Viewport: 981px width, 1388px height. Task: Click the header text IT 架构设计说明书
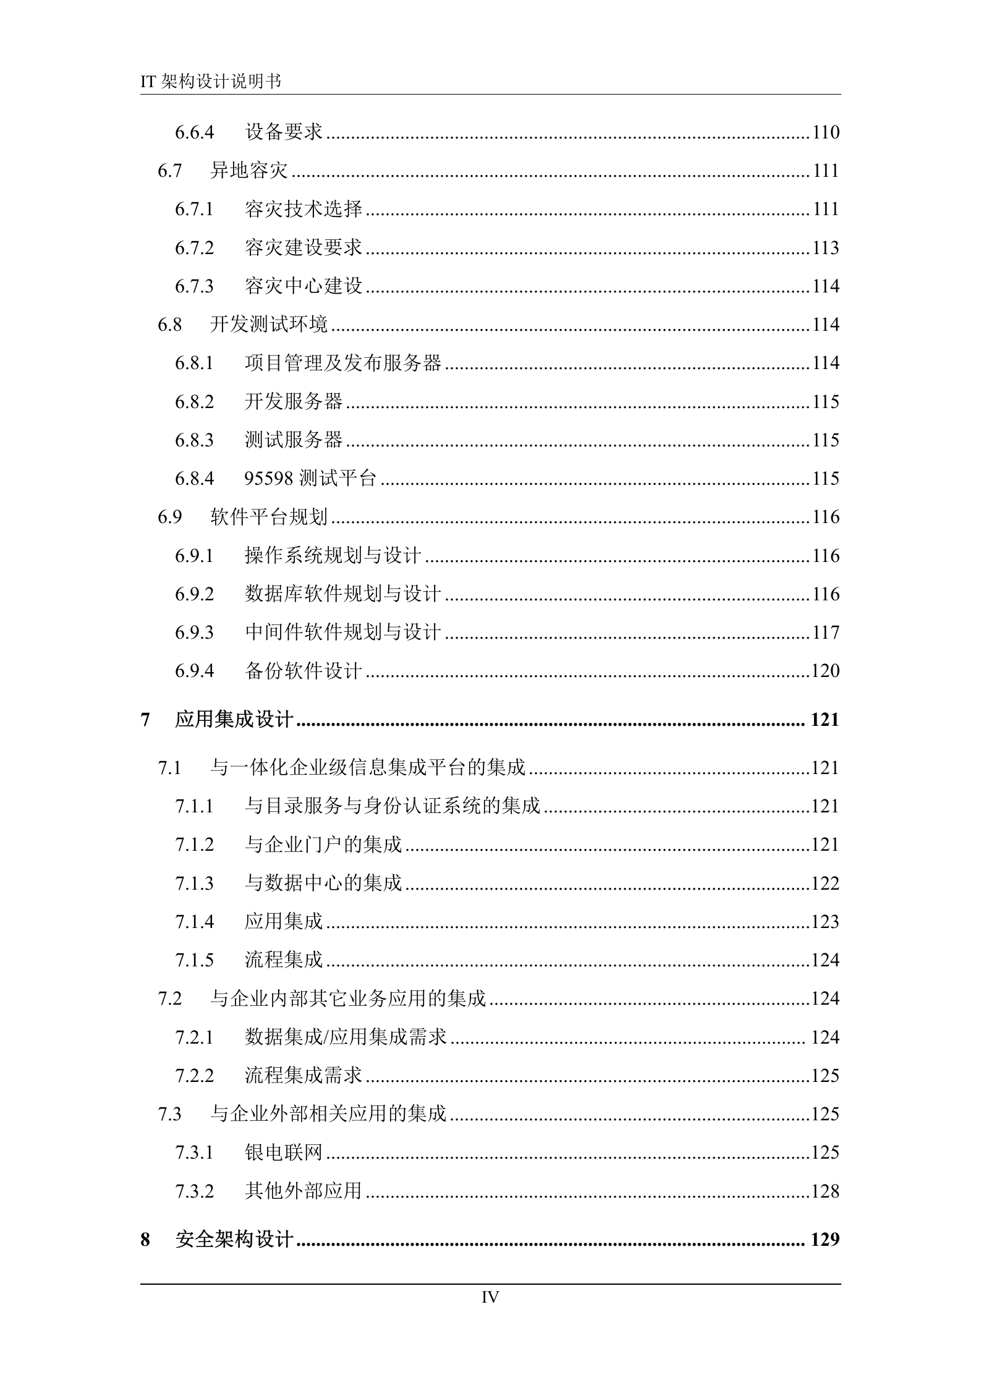[211, 81]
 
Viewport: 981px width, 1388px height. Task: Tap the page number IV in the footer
[490, 1298]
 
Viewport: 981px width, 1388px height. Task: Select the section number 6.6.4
[194, 132]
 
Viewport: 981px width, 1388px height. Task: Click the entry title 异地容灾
[248, 171]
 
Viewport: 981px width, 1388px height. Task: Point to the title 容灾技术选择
[303, 210]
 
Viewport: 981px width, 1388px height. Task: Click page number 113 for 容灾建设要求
[825, 248]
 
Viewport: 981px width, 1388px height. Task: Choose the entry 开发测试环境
[269, 325]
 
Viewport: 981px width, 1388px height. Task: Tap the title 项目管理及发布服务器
[343, 363]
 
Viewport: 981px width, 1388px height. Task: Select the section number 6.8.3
[194, 440]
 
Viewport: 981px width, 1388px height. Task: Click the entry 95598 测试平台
[310, 479]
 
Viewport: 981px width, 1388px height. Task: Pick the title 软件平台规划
[269, 517]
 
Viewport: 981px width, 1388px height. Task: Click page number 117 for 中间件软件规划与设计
[825, 632]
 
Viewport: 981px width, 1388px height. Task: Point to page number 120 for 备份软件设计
[825, 671]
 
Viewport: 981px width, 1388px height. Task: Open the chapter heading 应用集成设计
[234, 720]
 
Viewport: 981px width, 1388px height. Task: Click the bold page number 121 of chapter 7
[824, 720]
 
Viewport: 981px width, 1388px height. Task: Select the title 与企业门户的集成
[323, 845]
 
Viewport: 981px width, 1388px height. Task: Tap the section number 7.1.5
[194, 960]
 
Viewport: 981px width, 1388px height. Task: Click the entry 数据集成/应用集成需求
[346, 1037]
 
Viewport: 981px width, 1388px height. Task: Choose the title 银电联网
[284, 1152]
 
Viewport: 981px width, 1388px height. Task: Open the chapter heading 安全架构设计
[234, 1240]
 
